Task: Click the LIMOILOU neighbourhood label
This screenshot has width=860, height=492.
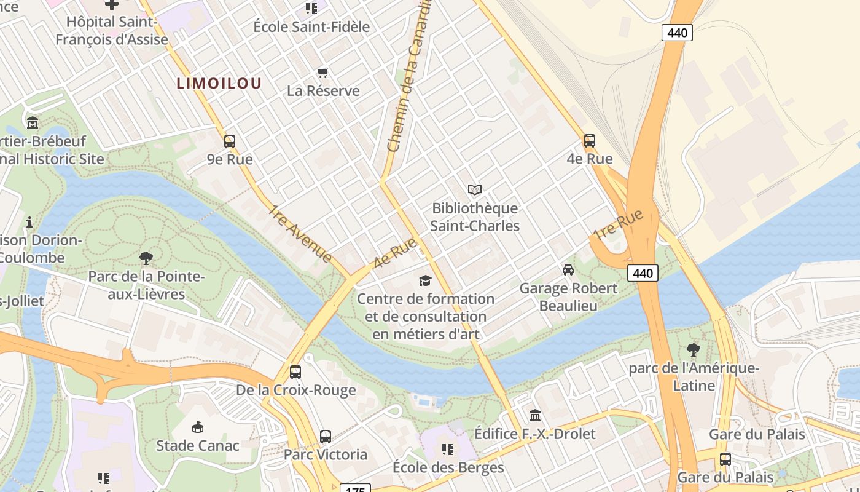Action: (219, 83)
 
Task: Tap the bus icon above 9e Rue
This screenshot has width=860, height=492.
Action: (229, 141)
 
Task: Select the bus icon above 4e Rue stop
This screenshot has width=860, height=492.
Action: (589, 141)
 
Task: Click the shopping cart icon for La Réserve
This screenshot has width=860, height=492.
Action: (323, 73)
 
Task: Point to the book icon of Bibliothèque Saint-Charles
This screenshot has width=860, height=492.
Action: (474, 190)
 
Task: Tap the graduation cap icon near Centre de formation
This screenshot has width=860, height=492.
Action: (425, 281)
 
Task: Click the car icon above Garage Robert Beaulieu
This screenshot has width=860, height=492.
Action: (568, 270)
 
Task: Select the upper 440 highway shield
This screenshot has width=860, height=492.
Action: (677, 33)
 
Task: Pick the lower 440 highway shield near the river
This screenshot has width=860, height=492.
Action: (643, 273)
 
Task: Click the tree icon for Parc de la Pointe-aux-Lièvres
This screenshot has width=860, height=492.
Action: (146, 258)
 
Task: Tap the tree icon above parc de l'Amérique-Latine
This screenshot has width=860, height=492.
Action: (693, 350)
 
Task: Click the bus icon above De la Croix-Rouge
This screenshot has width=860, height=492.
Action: (295, 372)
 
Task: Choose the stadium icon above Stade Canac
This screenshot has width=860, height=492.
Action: (197, 427)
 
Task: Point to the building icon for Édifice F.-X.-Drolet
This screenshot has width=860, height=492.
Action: (534, 415)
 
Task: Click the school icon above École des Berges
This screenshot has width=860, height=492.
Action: (448, 450)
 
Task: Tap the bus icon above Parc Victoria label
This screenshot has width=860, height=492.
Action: (325, 437)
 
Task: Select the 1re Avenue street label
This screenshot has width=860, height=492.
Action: (300, 234)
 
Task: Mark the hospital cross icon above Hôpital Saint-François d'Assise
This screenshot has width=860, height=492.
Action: (111, 5)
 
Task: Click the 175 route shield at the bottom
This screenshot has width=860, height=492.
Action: (354, 489)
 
